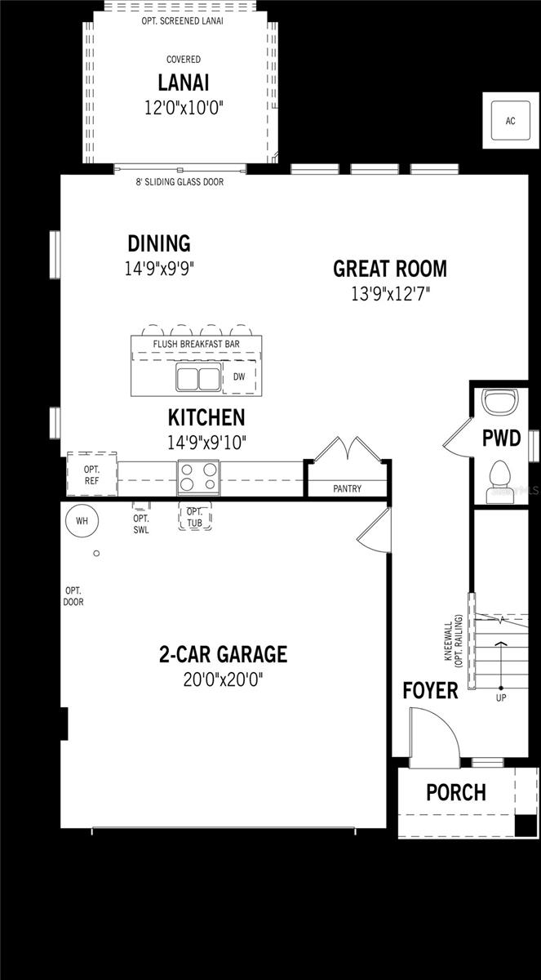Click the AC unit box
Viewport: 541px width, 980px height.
coord(510,121)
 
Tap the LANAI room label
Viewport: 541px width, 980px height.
coord(184,83)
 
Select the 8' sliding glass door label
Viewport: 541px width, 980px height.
coord(180,182)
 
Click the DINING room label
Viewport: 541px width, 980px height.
coord(159,243)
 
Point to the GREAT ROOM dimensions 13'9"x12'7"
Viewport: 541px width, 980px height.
coord(390,294)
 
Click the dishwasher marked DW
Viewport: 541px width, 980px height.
coord(239,377)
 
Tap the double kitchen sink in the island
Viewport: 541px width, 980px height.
coord(198,379)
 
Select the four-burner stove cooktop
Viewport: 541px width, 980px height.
coord(199,476)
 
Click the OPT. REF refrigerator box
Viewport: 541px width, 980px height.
coord(91,474)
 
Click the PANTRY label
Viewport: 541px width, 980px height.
coord(348,489)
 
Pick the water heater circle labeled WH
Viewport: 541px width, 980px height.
coord(82,520)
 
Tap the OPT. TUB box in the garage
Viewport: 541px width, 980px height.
coord(194,517)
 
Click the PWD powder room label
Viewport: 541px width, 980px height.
coord(501,439)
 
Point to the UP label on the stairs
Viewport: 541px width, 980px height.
coord(501,698)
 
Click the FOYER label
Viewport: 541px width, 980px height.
coord(430,691)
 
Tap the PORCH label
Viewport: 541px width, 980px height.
coord(456,792)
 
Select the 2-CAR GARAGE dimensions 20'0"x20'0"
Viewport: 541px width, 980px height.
coord(223,679)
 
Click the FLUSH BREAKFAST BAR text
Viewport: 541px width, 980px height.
coord(197,345)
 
